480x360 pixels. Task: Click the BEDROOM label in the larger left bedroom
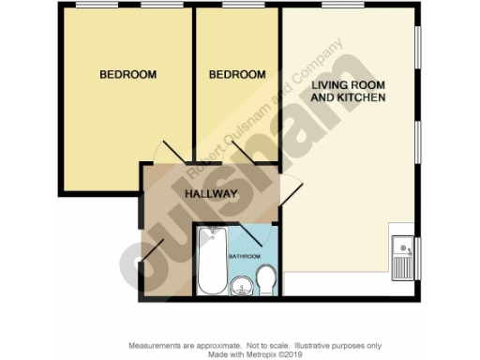[128, 74]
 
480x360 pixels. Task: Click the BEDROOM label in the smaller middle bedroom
[236, 74]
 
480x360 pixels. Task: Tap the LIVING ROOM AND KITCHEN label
[348, 91]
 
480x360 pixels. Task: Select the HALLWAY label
[210, 194]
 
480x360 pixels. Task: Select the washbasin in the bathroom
[242, 286]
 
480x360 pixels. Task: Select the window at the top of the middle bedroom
[237, 7]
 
